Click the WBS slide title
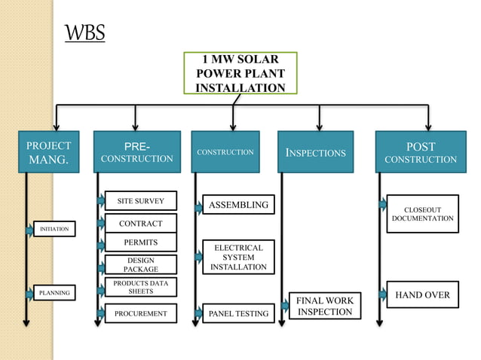tap(84, 34)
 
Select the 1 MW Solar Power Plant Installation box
tap(240, 74)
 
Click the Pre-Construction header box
tap(137, 152)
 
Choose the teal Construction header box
tap(225, 152)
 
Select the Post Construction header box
tap(420, 152)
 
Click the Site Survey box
tap(140, 201)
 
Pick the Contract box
tap(140, 224)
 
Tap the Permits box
tap(140, 243)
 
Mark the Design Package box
tap(140, 264)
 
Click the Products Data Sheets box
tap(140, 287)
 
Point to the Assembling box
tap(238, 205)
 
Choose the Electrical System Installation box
tap(238, 258)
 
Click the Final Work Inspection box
tap(324, 307)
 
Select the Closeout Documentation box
tap(422, 213)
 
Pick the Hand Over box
tap(422, 295)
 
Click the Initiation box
tap(54, 228)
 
